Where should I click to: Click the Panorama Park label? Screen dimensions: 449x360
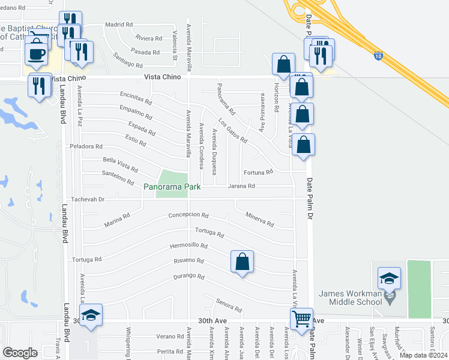(172, 187)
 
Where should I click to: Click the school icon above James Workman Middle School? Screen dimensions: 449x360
(389, 278)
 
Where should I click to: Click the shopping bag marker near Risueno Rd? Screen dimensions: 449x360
(242, 262)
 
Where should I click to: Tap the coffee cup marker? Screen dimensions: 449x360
(37, 53)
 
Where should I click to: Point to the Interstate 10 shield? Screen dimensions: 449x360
(378, 56)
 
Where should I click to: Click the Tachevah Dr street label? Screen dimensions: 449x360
(88, 200)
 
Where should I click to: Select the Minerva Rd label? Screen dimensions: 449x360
(259, 220)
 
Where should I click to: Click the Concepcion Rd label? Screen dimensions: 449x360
(188, 215)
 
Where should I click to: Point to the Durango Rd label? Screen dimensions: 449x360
(188, 277)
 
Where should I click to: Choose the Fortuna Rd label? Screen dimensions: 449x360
(259, 172)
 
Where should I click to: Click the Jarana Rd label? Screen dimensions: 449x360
(241, 186)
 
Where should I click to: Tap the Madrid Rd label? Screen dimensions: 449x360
(119, 25)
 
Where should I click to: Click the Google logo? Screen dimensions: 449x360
(20, 353)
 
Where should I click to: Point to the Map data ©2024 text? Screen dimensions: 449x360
(423, 355)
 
